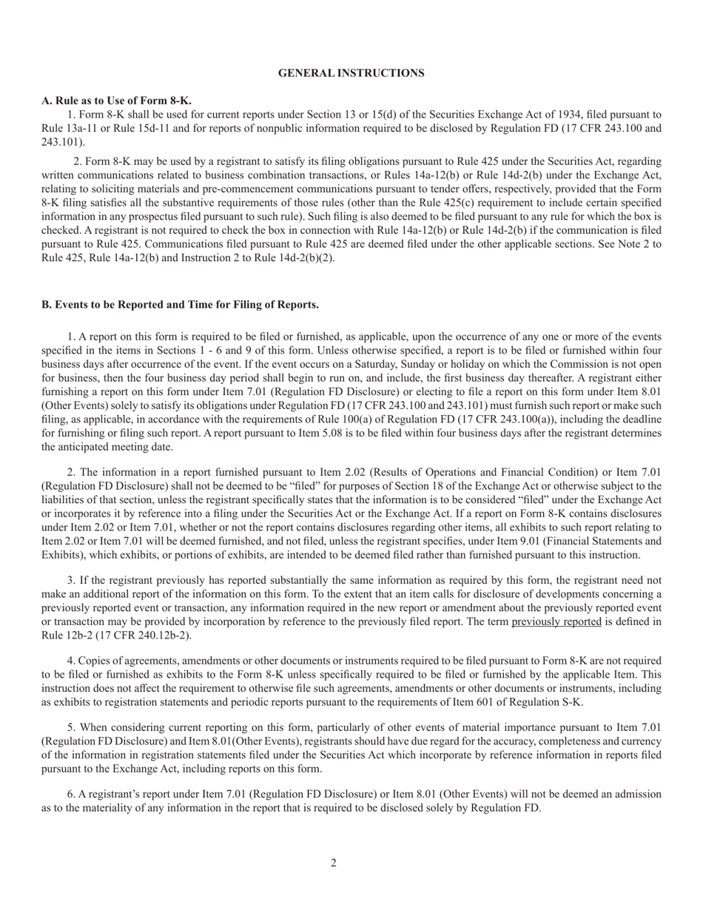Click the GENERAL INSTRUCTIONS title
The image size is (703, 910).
[x=351, y=73]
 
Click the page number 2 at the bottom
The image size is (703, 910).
[x=334, y=863]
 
